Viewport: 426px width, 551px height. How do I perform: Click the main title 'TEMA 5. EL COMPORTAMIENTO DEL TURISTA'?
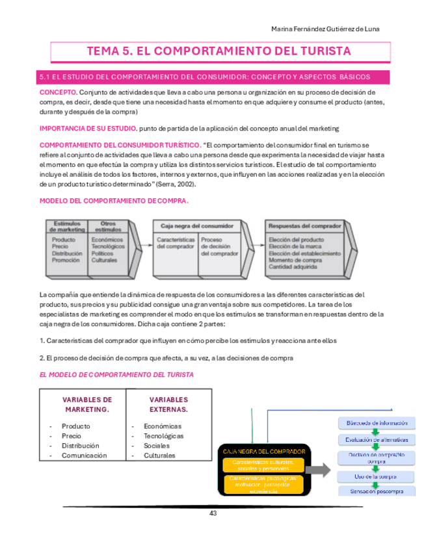click(219, 51)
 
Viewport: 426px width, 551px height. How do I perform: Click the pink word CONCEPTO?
click(58, 93)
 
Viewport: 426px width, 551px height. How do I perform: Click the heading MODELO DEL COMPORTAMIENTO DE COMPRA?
click(114, 201)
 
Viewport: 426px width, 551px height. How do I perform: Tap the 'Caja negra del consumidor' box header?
click(189, 225)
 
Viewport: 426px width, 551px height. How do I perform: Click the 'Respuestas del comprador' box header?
click(305, 225)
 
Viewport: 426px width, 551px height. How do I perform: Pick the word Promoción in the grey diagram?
click(66, 261)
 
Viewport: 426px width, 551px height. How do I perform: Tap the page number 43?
click(213, 513)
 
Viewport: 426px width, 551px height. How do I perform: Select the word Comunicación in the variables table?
click(84, 455)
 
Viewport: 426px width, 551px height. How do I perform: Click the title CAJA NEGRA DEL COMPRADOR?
click(264, 451)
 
